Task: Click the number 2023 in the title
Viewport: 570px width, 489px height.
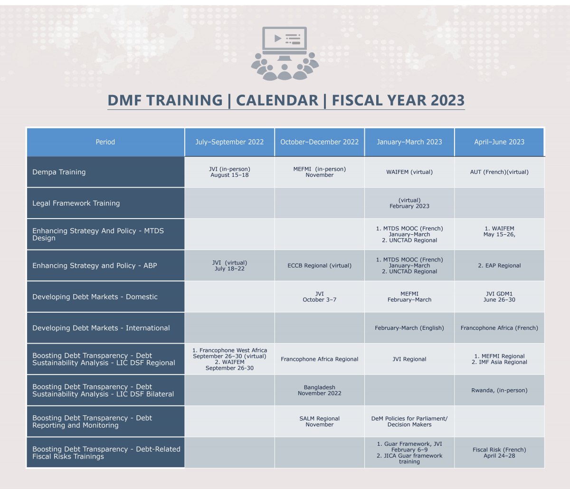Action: click(x=447, y=100)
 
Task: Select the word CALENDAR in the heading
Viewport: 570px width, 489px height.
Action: click(x=277, y=100)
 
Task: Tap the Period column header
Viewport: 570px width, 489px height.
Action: click(x=105, y=142)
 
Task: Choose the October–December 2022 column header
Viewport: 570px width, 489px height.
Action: click(x=319, y=142)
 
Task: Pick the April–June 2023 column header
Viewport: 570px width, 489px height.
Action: click(x=499, y=142)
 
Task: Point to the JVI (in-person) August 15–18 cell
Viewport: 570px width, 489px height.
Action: click(x=229, y=172)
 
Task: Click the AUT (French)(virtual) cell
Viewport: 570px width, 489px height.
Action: click(x=499, y=172)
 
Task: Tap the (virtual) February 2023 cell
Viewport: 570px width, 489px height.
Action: click(x=409, y=203)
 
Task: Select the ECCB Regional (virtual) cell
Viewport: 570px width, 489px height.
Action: click(x=319, y=266)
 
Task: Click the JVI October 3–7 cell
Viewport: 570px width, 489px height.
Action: click(x=319, y=297)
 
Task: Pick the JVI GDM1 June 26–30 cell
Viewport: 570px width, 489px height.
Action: click(x=499, y=297)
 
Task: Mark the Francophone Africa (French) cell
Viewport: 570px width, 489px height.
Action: click(x=499, y=328)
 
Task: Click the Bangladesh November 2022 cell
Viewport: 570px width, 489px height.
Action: click(x=319, y=390)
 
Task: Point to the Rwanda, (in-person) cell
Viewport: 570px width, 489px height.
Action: click(x=499, y=390)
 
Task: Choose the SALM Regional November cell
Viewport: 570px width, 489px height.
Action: click(x=319, y=422)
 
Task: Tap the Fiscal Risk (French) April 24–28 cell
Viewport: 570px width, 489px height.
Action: click(x=499, y=452)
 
